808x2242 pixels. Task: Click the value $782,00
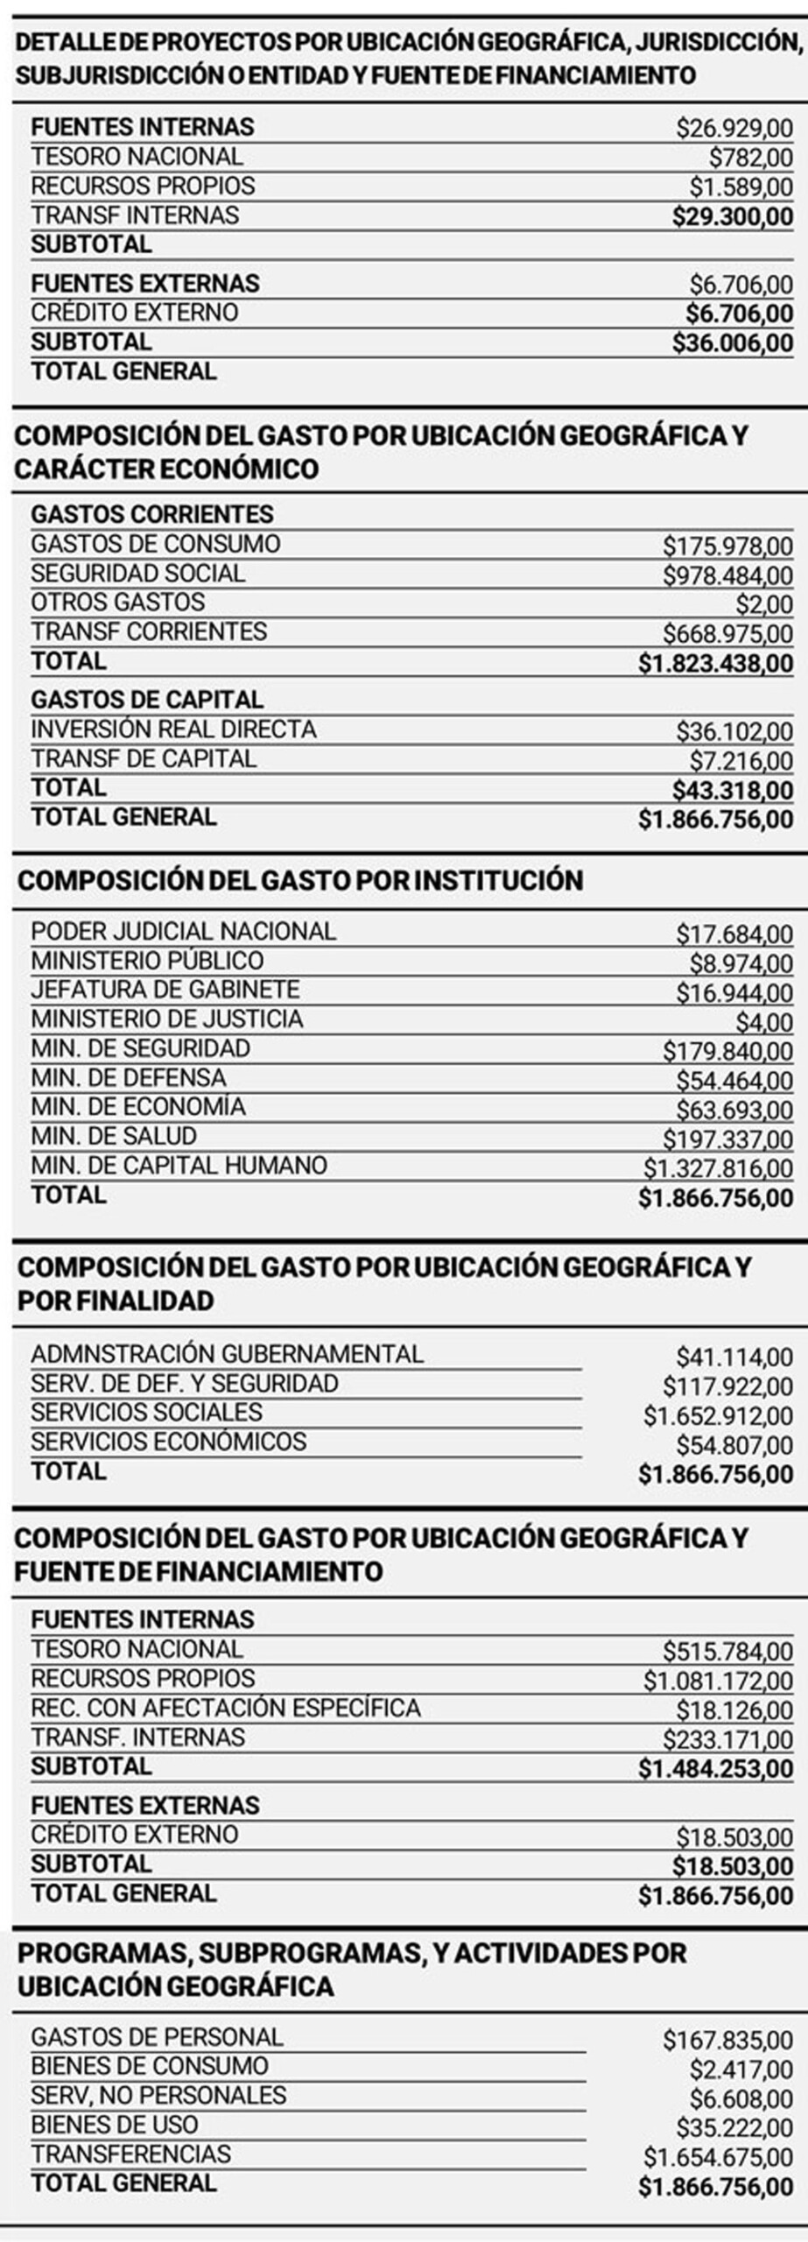click(750, 158)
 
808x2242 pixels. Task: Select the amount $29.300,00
click(732, 216)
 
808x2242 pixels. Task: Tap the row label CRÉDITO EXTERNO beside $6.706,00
click(134, 313)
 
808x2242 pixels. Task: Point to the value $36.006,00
click(732, 342)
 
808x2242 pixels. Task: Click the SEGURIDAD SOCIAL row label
click(137, 574)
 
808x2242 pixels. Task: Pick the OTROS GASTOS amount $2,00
click(763, 604)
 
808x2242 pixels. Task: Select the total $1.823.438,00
click(715, 664)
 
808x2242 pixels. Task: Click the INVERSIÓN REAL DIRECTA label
click(173, 730)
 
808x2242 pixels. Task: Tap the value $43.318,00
click(732, 790)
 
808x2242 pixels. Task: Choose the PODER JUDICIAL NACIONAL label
click(183, 931)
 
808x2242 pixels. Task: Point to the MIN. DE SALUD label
click(114, 1136)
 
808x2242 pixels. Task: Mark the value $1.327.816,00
click(718, 1168)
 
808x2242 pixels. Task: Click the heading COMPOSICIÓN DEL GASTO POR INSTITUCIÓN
click(300, 880)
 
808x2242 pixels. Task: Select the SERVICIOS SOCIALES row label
click(146, 1413)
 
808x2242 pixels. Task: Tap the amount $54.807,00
click(734, 1445)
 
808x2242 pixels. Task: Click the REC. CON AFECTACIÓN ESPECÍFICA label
click(225, 1708)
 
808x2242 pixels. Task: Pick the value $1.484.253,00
click(715, 1769)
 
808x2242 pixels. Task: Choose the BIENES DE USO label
click(114, 2125)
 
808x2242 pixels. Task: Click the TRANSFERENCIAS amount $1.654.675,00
click(718, 2157)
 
